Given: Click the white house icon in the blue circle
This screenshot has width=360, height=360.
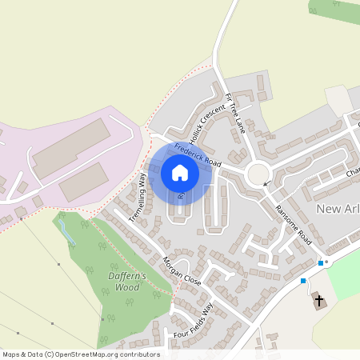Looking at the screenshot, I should point(179,173).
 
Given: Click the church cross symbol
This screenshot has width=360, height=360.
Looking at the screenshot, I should point(319,301).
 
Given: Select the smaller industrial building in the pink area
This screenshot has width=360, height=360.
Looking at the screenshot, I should point(83,182).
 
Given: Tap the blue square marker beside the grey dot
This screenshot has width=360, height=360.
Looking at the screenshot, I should point(320,262).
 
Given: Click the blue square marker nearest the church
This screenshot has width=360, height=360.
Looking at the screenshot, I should point(303,280).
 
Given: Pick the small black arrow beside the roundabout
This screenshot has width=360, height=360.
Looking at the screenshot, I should point(267,185).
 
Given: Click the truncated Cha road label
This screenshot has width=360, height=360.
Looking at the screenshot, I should point(353,172).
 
